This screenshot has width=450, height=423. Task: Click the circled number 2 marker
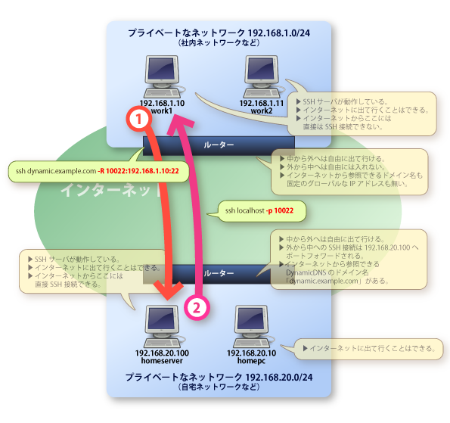pos(195,307)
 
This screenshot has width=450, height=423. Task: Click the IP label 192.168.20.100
pos(161,353)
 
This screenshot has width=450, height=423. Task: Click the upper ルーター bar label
pos(219,145)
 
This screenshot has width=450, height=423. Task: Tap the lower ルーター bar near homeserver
pos(219,269)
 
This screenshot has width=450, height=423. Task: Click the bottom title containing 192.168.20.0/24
pos(219,376)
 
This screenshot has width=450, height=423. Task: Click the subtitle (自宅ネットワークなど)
pos(219,387)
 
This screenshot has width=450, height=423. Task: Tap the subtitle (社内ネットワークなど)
pos(219,44)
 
